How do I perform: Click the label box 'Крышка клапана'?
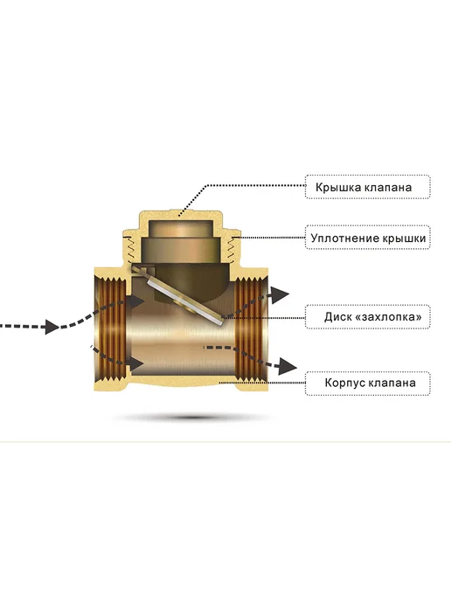(367, 187)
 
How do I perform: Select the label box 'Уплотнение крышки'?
(367, 238)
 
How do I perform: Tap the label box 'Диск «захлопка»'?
(367, 316)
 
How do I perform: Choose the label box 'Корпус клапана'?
(367, 383)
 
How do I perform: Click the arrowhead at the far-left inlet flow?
(52, 327)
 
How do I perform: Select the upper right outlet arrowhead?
(281, 294)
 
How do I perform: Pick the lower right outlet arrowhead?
(288, 366)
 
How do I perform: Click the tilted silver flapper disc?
(184, 300)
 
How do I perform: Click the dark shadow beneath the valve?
(191, 417)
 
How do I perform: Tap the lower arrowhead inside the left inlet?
(136, 363)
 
